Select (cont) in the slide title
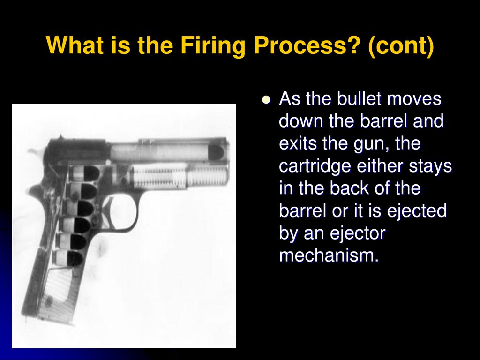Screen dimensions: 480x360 [x=401, y=46]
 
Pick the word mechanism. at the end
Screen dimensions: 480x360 [x=329, y=255]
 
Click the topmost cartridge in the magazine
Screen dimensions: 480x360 [x=84, y=173]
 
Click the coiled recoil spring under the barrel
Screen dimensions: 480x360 [x=179, y=177]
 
